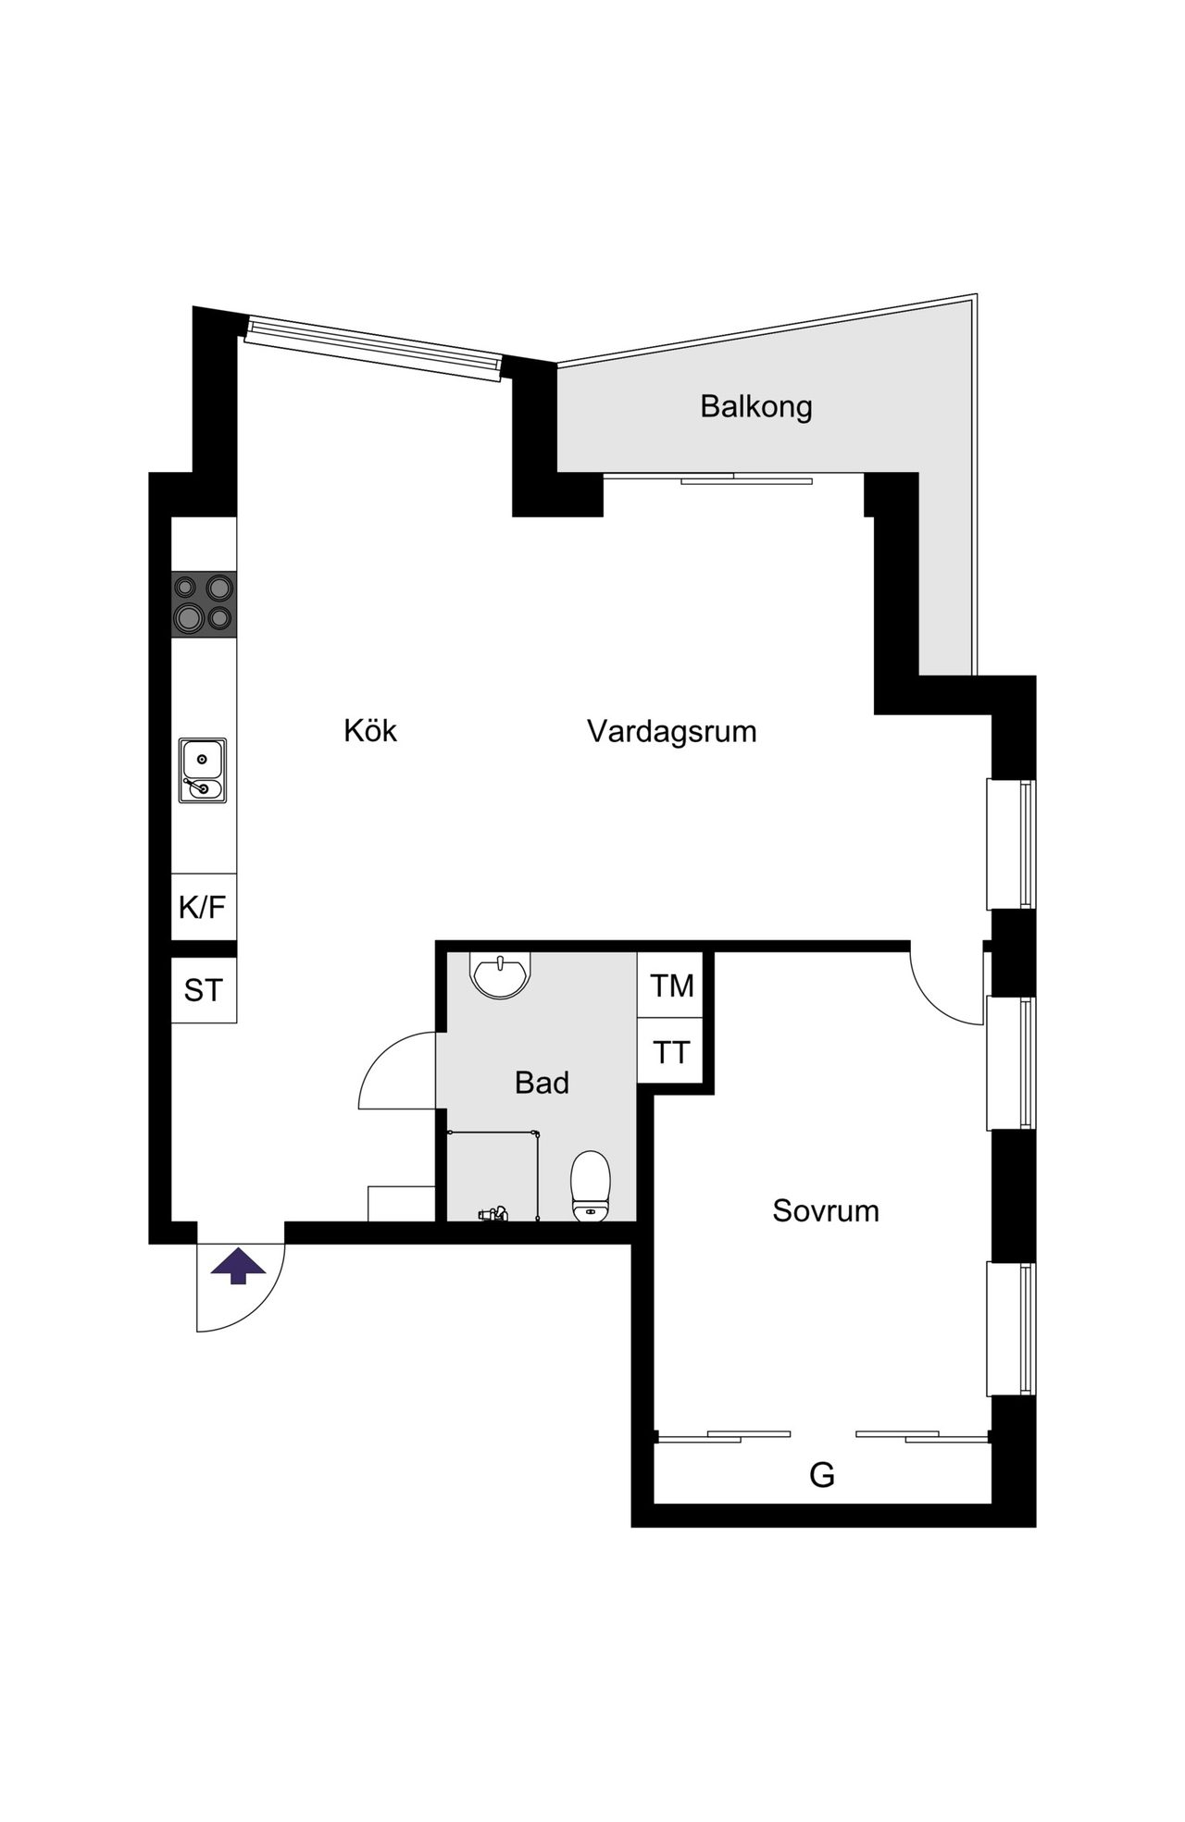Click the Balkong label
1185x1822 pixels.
(x=755, y=407)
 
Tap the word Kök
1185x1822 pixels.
(x=370, y=730)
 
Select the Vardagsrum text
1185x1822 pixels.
(x=672, y=731)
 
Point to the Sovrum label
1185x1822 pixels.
(x=826, y=1210)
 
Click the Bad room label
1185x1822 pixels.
(x=542, y=1082)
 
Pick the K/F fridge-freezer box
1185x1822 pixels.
(x=204, y=907)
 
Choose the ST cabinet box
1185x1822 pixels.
(x=204, y=990)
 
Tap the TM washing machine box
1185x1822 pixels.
(x=671, y=985)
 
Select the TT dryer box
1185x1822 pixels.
(x=671, y=1051)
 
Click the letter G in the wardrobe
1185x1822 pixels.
(x=822, y=1474)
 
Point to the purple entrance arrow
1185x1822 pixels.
(x=238, y=1265)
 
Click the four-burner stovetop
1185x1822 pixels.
(x=204, y=603)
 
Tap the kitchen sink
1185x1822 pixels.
(x=203, y=770)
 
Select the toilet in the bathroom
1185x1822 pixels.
(x=591, y=1186)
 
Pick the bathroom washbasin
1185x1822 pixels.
(x=501, y=975)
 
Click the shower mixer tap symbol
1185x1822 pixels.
(x=492, y=1213)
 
